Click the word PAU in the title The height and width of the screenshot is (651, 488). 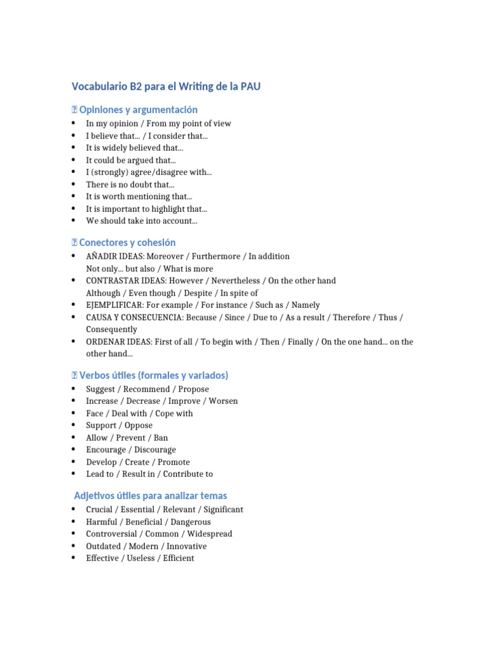click(248, 86)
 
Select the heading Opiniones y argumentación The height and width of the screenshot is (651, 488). click(138, 110)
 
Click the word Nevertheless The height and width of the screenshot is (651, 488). click(236, 280)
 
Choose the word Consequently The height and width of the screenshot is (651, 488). click(112, 329)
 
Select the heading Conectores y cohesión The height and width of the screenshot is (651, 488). click(127, 243)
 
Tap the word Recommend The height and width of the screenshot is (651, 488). click(147, 389)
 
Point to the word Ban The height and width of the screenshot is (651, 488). click(161, 437)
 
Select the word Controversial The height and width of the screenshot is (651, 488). click(112, 534)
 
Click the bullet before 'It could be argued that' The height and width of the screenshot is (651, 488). click(74, 160)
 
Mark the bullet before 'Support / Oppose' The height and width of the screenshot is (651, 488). click(74, 425)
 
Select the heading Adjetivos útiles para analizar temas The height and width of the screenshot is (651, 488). click(151, 496)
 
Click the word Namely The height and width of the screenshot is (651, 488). click(306, 305)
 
